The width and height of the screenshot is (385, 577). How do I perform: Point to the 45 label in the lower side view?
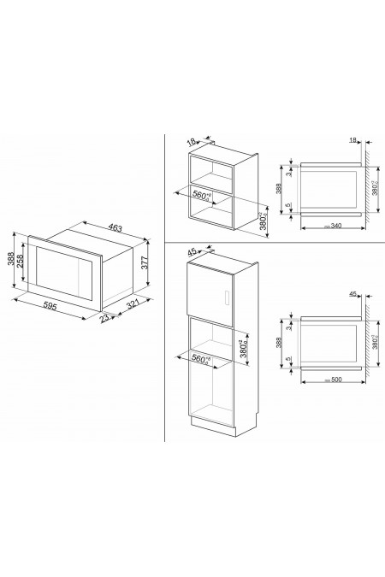click(352, 295)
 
